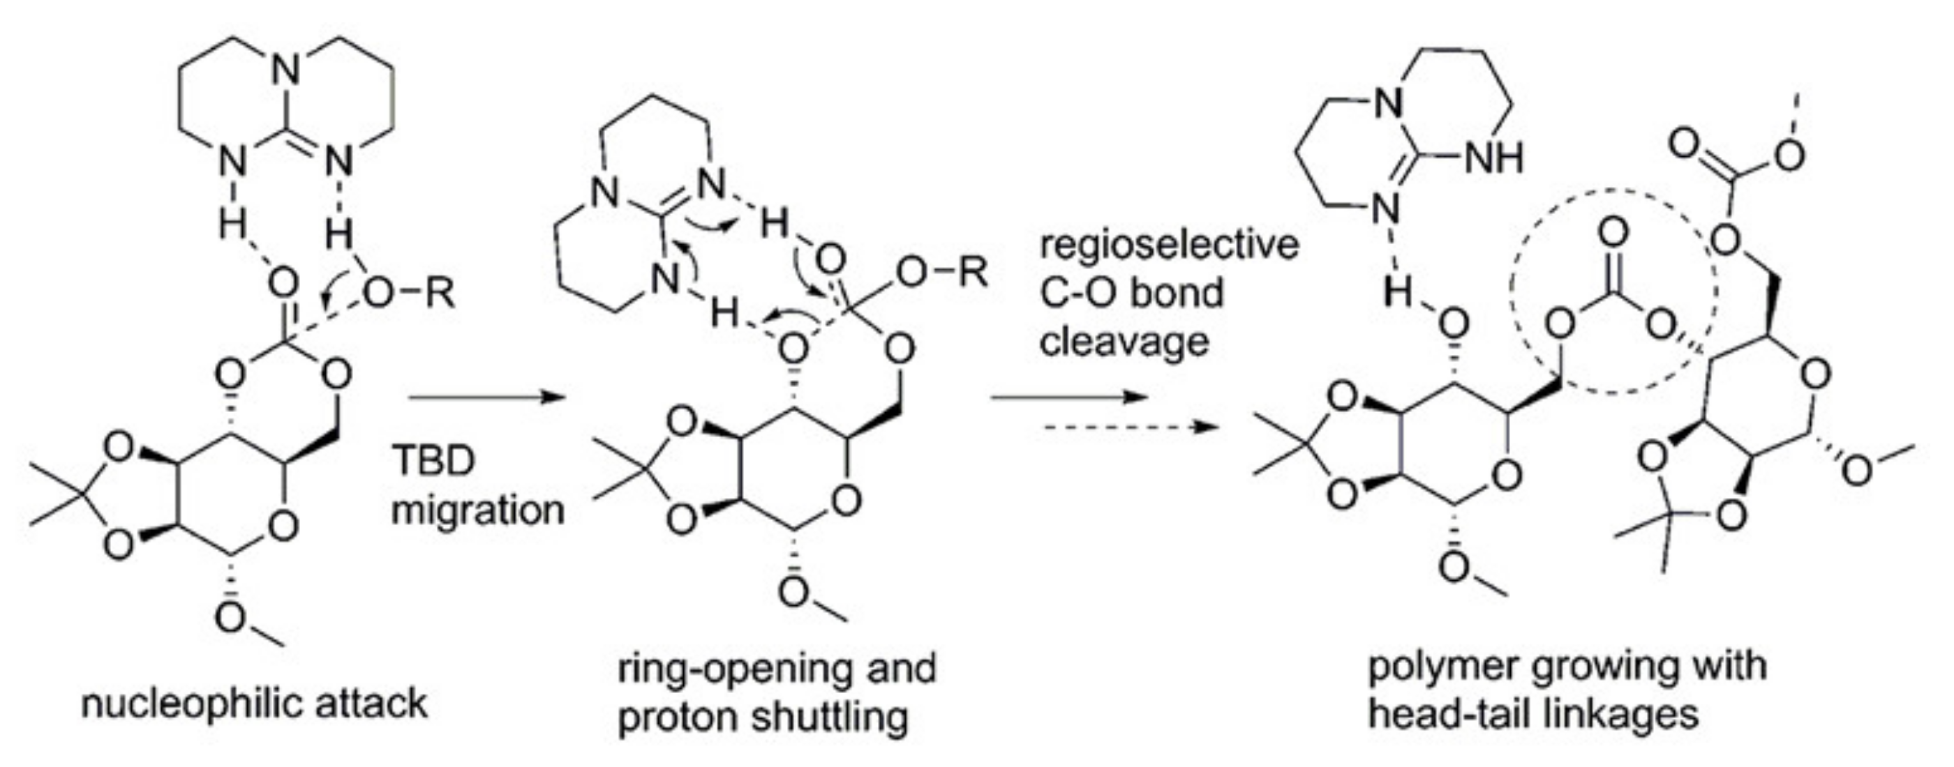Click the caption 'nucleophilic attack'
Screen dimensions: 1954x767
pyautogui.click(x=254, y=704)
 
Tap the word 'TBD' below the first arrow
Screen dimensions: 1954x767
pyautogui.click(x=433, y=461)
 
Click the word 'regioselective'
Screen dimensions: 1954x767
pyautogui.click(x=1169, y=245)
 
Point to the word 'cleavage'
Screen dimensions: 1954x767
pyautogui.click(x=1124, y=342)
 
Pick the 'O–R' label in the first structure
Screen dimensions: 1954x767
pyautogui.click(x=410, y=293)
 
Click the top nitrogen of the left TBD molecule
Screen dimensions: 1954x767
pyautogui.click(x=285, y=70)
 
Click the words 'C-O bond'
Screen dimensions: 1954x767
pyautogui.click(x=1131, y=293)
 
